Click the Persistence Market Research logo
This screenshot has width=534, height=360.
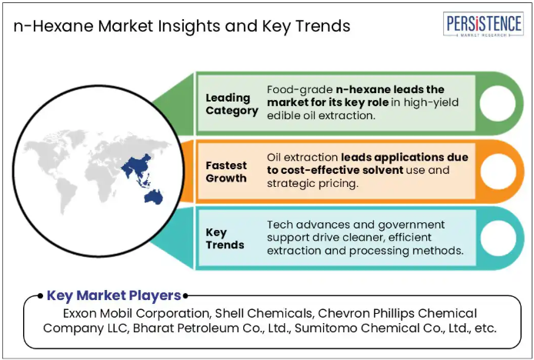point(483,24)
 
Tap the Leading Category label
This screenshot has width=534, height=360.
point(232,104)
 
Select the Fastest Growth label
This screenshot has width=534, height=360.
point(226,172)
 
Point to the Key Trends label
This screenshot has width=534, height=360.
point(225,238)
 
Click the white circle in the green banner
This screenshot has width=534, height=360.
point(497,104)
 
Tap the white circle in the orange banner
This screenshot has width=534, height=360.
point(498,172)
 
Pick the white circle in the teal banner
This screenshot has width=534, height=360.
point(499,238)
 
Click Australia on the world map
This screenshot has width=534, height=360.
point(154,197)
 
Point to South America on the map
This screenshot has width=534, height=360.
point(65,195)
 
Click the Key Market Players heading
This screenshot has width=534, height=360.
point(114,295)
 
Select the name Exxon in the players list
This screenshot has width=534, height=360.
point(80,313)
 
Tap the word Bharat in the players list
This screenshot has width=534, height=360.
point(151,328)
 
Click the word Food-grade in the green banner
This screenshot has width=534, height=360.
point(299,90)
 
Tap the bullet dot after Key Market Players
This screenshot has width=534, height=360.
point(185,296)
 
